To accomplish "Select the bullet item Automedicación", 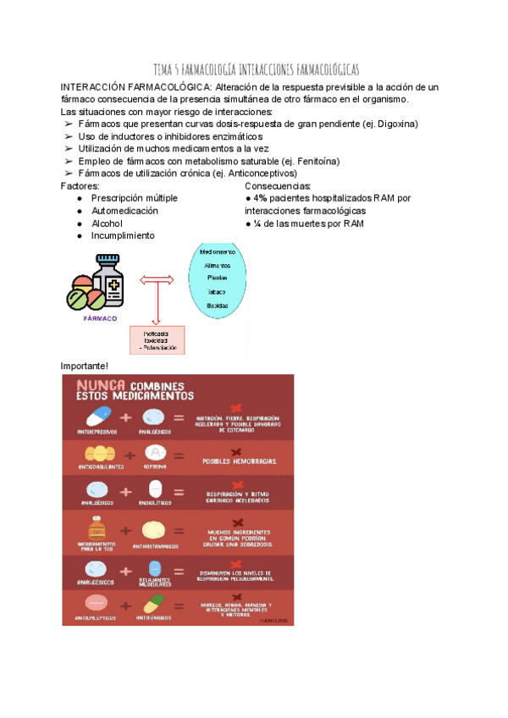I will click(124, 211).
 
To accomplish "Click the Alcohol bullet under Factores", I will click(108, 224).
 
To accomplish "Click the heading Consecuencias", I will click(278, 185).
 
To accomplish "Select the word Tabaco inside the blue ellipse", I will click(217, 291).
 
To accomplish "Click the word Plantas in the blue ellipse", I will click(217, 278).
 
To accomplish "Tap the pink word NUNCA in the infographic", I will click(101, 386).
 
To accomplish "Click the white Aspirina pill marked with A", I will click(154, 454).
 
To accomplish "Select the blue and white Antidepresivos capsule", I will click(99, 416).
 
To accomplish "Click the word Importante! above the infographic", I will click(85, 366).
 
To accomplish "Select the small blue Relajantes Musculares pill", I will click(154, 568).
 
